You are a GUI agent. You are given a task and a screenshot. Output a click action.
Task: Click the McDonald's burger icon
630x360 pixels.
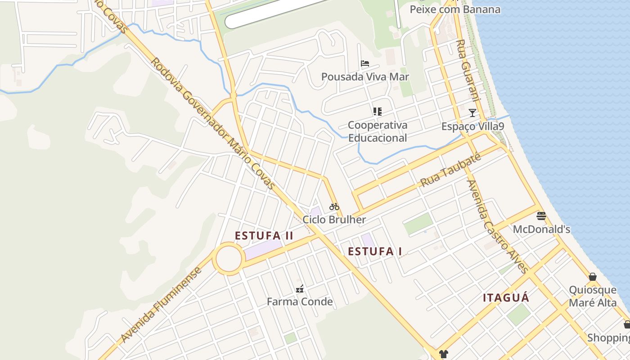click(541, 216)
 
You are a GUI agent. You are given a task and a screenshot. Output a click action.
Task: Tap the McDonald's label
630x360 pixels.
click(541, 229)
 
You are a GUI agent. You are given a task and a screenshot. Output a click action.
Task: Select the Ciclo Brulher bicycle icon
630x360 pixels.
click(334, 207)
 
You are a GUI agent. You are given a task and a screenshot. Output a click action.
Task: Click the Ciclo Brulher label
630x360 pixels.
click(334, 220)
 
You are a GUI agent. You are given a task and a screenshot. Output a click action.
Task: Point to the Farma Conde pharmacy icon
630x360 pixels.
click(299, 289)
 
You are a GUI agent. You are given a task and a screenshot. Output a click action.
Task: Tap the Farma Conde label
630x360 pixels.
click(300, 301)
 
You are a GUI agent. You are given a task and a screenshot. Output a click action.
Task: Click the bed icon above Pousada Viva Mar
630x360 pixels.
click(365, 63)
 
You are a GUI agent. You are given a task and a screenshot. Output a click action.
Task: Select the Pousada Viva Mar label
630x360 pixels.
click(365, 76)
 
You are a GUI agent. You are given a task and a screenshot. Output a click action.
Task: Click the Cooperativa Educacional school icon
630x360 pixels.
click(377, 111)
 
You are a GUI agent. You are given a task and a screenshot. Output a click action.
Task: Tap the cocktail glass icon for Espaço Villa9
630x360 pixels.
click(472, 112)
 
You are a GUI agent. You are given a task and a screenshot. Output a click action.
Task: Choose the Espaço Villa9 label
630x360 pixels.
click(472, 126)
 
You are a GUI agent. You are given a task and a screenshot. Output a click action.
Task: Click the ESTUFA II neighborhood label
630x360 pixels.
click(264, 235)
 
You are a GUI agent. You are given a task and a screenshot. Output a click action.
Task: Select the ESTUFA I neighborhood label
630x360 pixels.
click(375, 252)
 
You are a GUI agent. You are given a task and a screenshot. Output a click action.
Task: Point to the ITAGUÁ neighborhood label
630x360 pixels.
click(506, 297)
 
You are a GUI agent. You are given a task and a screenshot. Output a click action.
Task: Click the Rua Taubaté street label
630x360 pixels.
click(450, 170)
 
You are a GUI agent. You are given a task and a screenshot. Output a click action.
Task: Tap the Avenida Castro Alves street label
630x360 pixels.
click(498, 227)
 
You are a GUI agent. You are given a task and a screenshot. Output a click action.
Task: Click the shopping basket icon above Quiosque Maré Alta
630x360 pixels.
click(593, 277)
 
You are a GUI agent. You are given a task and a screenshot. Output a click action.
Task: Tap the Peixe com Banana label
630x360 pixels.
click(455, 9)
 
